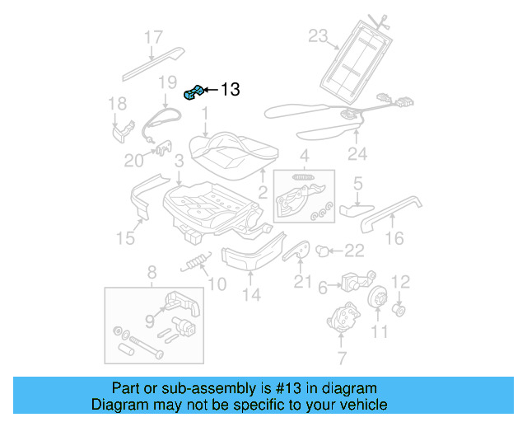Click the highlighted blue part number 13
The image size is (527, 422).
[x=194, y=92]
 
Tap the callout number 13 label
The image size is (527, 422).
[x=230, y=90]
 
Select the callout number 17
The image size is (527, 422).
[x=154, y=37]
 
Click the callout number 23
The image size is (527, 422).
[x=319, y=35]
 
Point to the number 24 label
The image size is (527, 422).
[x=357, y=153]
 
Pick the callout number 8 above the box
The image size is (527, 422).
[x=151, y=273]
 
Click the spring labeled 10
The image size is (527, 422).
[x=194, y=264]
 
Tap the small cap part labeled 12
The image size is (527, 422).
[x=399, y=310]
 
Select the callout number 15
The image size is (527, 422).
[x=124, y=238]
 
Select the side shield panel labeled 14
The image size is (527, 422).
[x=250, y=255]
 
